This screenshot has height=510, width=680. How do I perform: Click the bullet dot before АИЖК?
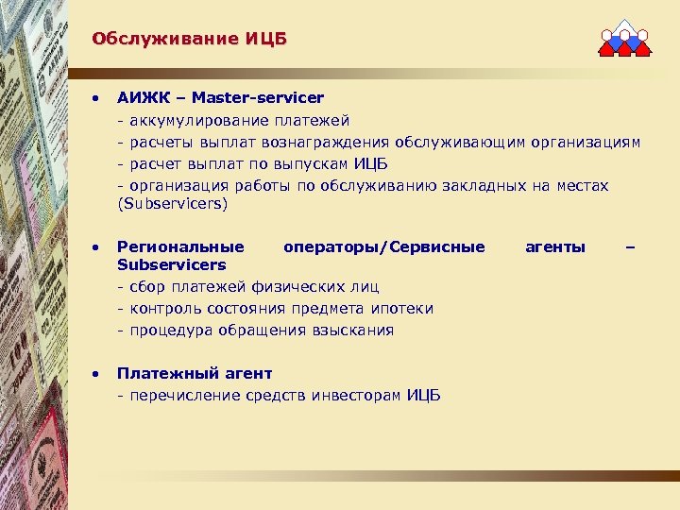tap(95, 98)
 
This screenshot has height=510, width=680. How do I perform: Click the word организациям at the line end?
tap(585, 143)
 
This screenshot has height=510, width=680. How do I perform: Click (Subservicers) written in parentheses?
tap(173, 203)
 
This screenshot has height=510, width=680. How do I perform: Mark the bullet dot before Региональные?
tap(95, 247)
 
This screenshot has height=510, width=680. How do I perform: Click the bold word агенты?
tap(554, 246)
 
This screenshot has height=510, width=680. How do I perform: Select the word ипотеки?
tap(404, 308)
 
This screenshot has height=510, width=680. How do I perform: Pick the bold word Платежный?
tap(159, 373)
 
